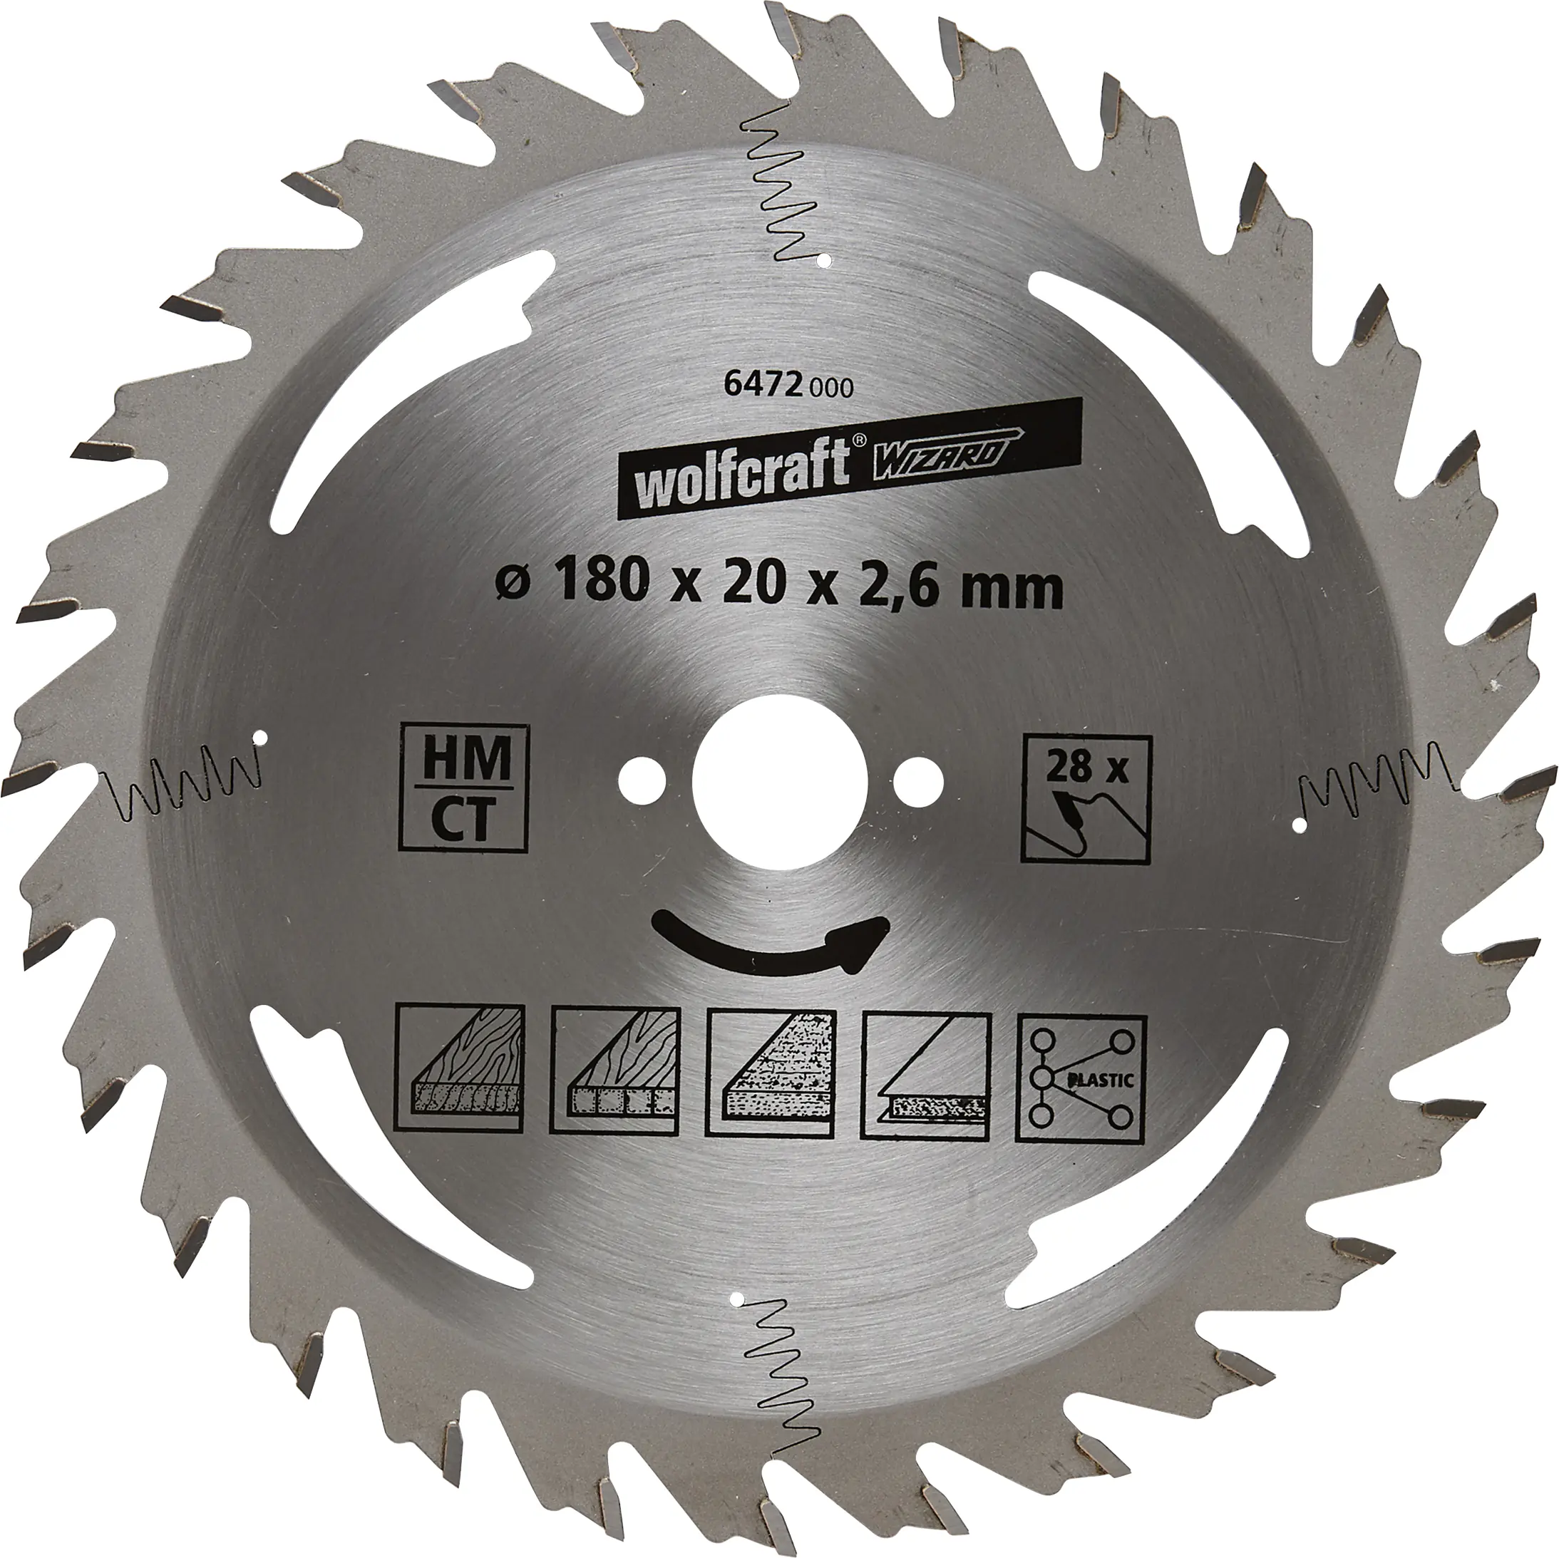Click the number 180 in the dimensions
point(600,587)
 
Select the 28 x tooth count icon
point(1086,799)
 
